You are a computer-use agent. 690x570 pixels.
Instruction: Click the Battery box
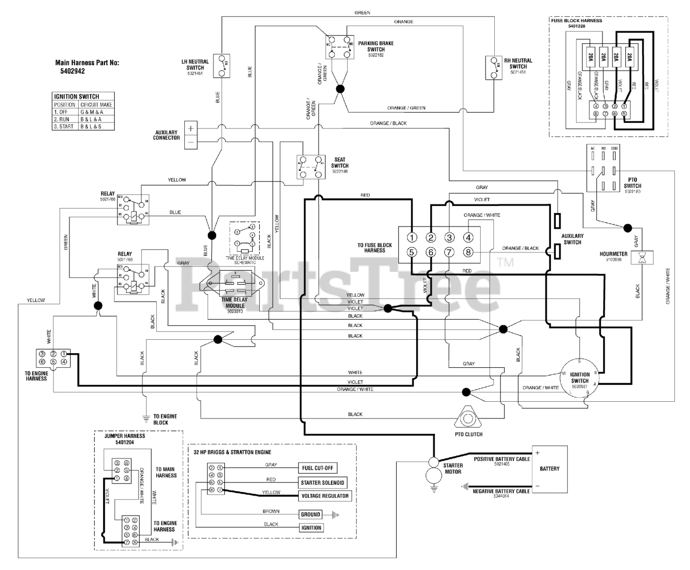point(549,469)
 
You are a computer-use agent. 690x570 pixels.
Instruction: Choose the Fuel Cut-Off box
point(318,468)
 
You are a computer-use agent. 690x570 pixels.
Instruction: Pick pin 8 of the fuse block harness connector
point(468,252)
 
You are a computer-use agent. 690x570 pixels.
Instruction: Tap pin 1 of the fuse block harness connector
point(411,238)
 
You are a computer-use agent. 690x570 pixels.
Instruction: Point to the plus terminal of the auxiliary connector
point(190,128)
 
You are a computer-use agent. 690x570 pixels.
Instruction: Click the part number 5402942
point(74,70)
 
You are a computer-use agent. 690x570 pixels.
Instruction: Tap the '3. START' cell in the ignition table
point(64,126)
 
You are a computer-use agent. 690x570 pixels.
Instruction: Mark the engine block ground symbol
point(146,417)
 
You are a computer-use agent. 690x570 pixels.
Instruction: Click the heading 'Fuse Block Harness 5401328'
point(576,23)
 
